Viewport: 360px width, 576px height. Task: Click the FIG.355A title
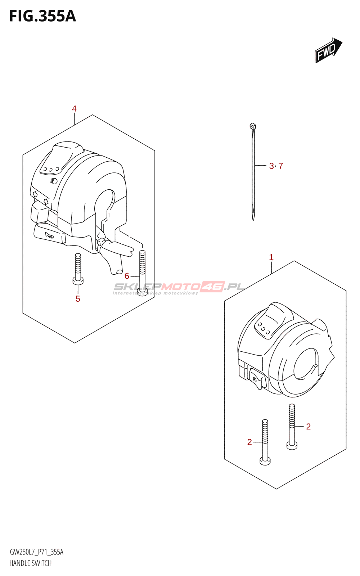[x=42, y=17]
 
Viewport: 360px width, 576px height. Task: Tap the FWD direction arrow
[x=328, y=50]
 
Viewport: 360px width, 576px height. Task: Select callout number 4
[x=74, y=109]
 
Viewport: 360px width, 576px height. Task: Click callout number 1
[x=271, y=257]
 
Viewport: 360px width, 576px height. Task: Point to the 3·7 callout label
[x=276, y=166]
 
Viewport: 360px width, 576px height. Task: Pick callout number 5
[x=78, y=299]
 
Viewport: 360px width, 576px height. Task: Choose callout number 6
[x=127, y=276]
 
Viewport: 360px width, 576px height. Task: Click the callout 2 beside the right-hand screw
[x=308, y=427]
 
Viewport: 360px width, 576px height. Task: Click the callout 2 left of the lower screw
[x=249, y=442]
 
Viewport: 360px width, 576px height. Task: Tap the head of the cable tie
[x=252, y=126]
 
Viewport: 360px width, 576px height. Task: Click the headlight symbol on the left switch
[x=54, y=181]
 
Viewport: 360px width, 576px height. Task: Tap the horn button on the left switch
[x=49, y=236]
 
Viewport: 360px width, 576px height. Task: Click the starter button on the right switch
[x=256, y=379]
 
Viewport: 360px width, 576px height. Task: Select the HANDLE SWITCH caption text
[x=31, y=563]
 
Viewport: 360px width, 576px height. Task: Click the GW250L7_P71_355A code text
[x=36, y=552]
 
